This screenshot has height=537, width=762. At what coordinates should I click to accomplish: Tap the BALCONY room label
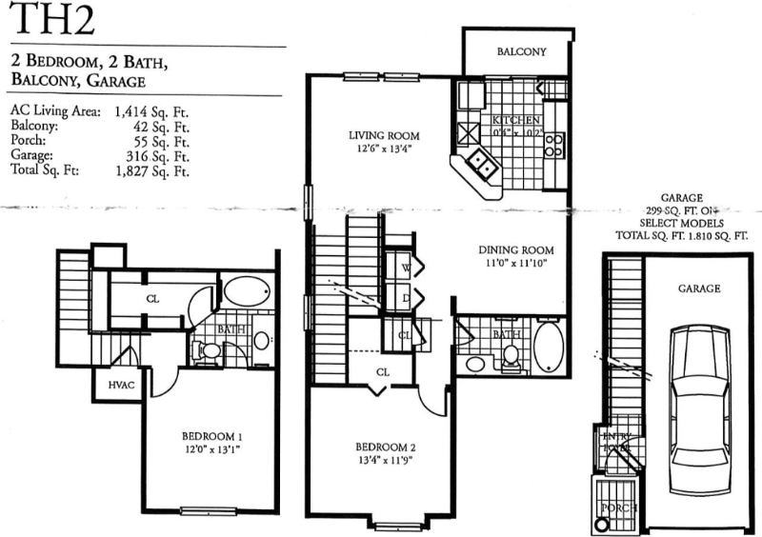pos(521,52)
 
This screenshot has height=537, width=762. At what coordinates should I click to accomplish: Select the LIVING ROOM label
pos(384,136)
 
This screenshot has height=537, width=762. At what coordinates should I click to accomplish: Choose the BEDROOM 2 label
pos(386,447)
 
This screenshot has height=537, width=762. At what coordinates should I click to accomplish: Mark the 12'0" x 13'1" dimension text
pos(209,449)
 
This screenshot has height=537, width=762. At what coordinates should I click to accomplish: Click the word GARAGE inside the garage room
pos(698,288)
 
